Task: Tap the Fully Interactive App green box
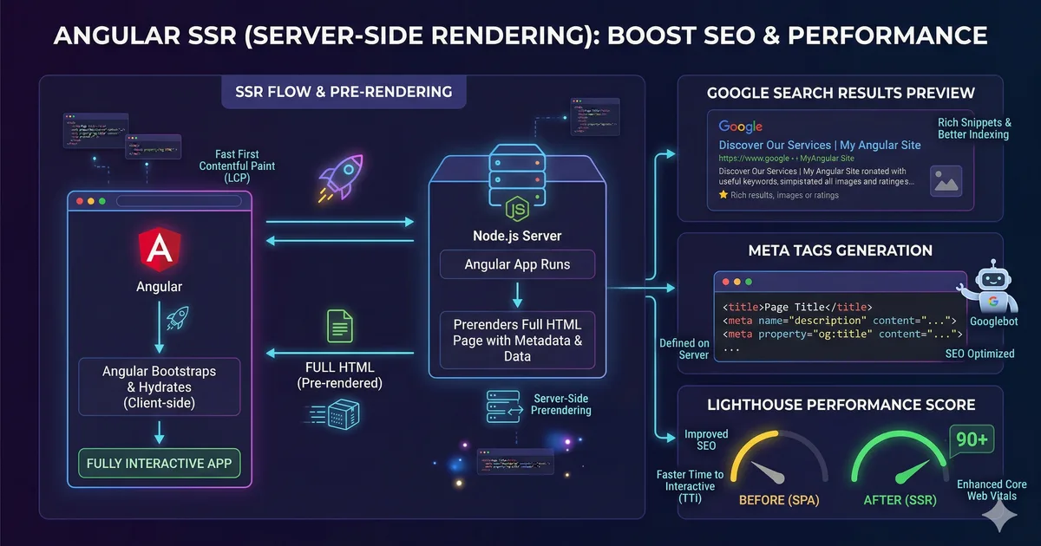pos(159,463)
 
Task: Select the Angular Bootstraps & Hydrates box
pos(159,385)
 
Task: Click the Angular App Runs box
pos(517,264)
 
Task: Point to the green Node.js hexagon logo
pos(517,208)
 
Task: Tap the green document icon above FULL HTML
pos(339,325)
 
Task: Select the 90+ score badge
pos(972,439)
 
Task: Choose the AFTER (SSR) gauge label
pos(899,500)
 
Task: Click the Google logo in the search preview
pos(740,127)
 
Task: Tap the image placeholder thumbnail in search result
pos(946,181)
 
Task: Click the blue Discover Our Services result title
pos(820,145)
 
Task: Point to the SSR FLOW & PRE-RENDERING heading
pos(344,91)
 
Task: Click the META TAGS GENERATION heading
pos(840,250)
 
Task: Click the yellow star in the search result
pos(723,196)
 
